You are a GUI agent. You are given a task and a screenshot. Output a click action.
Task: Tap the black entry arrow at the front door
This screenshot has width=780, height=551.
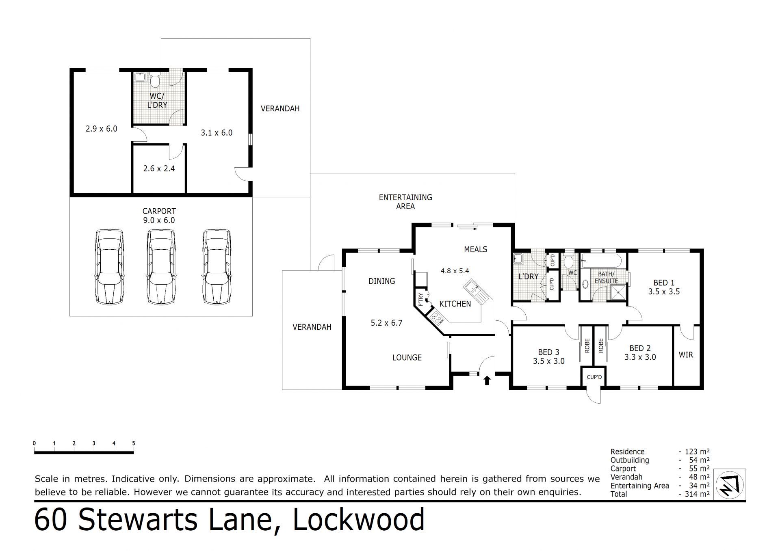click(x=487, y=380)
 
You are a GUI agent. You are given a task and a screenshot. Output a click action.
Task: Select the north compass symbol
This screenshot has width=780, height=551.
click(x=730, y=485)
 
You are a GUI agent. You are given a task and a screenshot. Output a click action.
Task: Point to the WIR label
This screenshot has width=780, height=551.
click(x=686, y=355)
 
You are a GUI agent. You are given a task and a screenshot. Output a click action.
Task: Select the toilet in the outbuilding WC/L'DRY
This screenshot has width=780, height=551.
click(x=154, y=80)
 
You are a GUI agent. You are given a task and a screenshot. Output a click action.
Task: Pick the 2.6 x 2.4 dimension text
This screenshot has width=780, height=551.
click(x=159, y=168)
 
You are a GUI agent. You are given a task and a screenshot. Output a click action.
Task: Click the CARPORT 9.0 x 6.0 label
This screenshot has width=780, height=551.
click(x=159, y=216)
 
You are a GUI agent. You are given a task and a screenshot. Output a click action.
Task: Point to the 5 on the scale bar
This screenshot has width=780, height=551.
click(x=134, y=443)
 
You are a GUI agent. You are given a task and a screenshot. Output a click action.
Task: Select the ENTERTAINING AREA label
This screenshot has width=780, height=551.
click(x=405, y=202)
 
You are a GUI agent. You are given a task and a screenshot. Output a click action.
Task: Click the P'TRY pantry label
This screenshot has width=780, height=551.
click(x=420, y=299)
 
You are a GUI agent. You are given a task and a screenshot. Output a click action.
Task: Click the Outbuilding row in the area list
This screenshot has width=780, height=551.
click(x=660, y=460)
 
